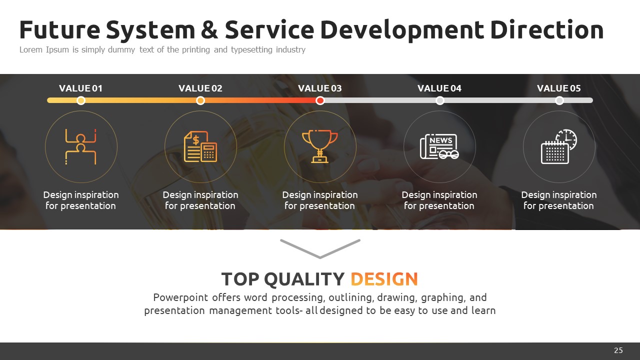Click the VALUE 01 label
(80, 88)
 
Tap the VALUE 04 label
(439, 88)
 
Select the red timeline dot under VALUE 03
(320, 100)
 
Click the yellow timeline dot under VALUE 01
(81, 100)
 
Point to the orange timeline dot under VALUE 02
(200, 100)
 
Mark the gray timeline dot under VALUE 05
(559, 100)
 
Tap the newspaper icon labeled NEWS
(439, 146)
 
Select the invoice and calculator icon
(200, 146)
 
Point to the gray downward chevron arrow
(320, 256)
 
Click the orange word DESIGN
(384, 279)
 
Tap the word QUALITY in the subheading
(304, 279)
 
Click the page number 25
(618, 350)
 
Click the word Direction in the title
(547, 29)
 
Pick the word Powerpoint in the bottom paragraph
(180, 297)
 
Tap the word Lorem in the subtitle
(31, 49)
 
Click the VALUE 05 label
(559, 88)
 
